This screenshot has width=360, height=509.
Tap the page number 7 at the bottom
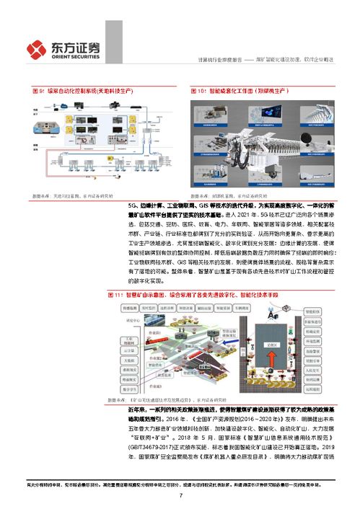(x=180, y=495)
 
